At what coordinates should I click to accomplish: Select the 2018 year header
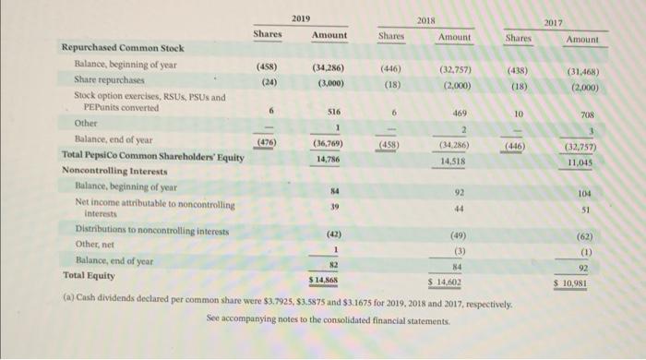(425, 19)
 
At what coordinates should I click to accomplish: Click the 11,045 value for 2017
(579, 162)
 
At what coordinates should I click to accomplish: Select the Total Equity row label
(90, 274)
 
